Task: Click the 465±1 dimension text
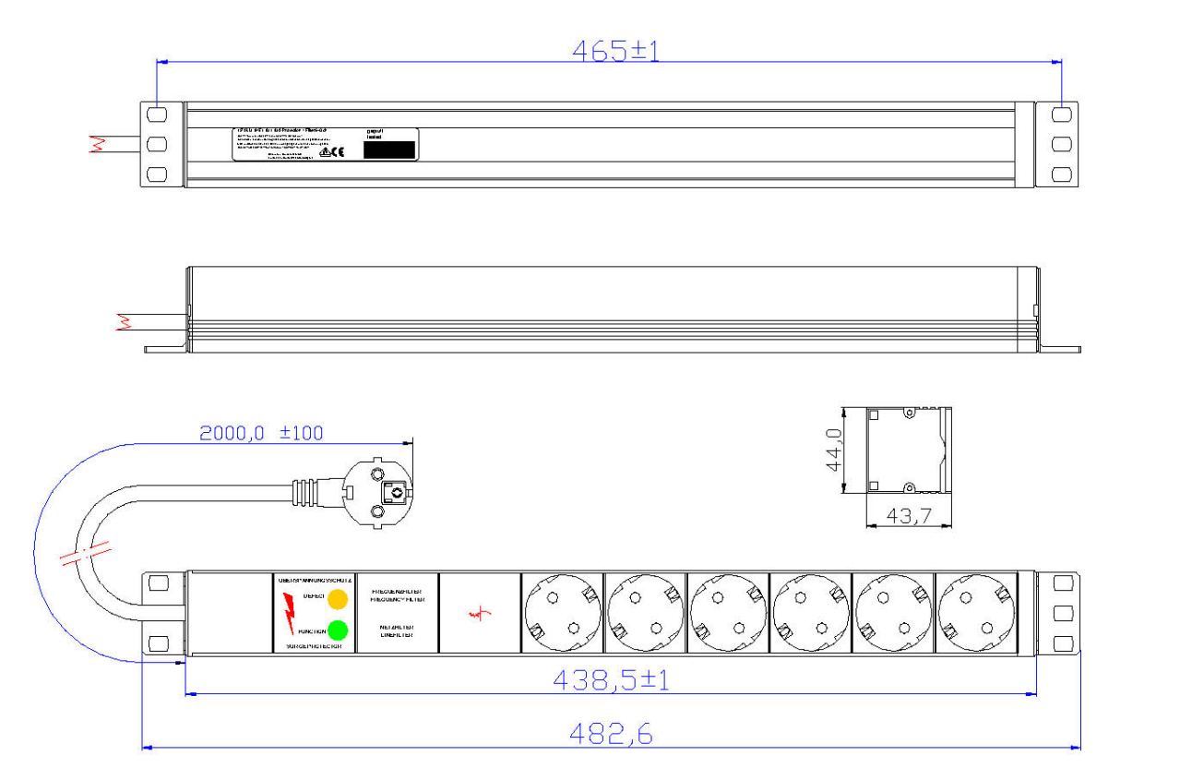click(x=615, y=51)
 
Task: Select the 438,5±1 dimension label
click(x=611, y=681)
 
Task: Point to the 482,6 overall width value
click(x=610, y=735)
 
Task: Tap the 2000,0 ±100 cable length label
click(x=262, y=433)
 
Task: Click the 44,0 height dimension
click(x=835, y=450)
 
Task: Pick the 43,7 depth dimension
click(x=908, y=517)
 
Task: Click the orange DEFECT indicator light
click(x=338, y=598)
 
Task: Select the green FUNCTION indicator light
click(x=338, y=630)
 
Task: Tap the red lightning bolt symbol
click(x=290, y=613)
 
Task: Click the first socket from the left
click(x=562, y=613)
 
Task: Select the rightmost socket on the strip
click(x=976, y=613)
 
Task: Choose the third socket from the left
click(x=728, y=613)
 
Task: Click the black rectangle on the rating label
click(x=389, y=150)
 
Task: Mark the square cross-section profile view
click(x=908, y=450)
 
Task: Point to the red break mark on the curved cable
click(x=84, y=557)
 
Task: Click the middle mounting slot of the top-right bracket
click(x=1062, y=144)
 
